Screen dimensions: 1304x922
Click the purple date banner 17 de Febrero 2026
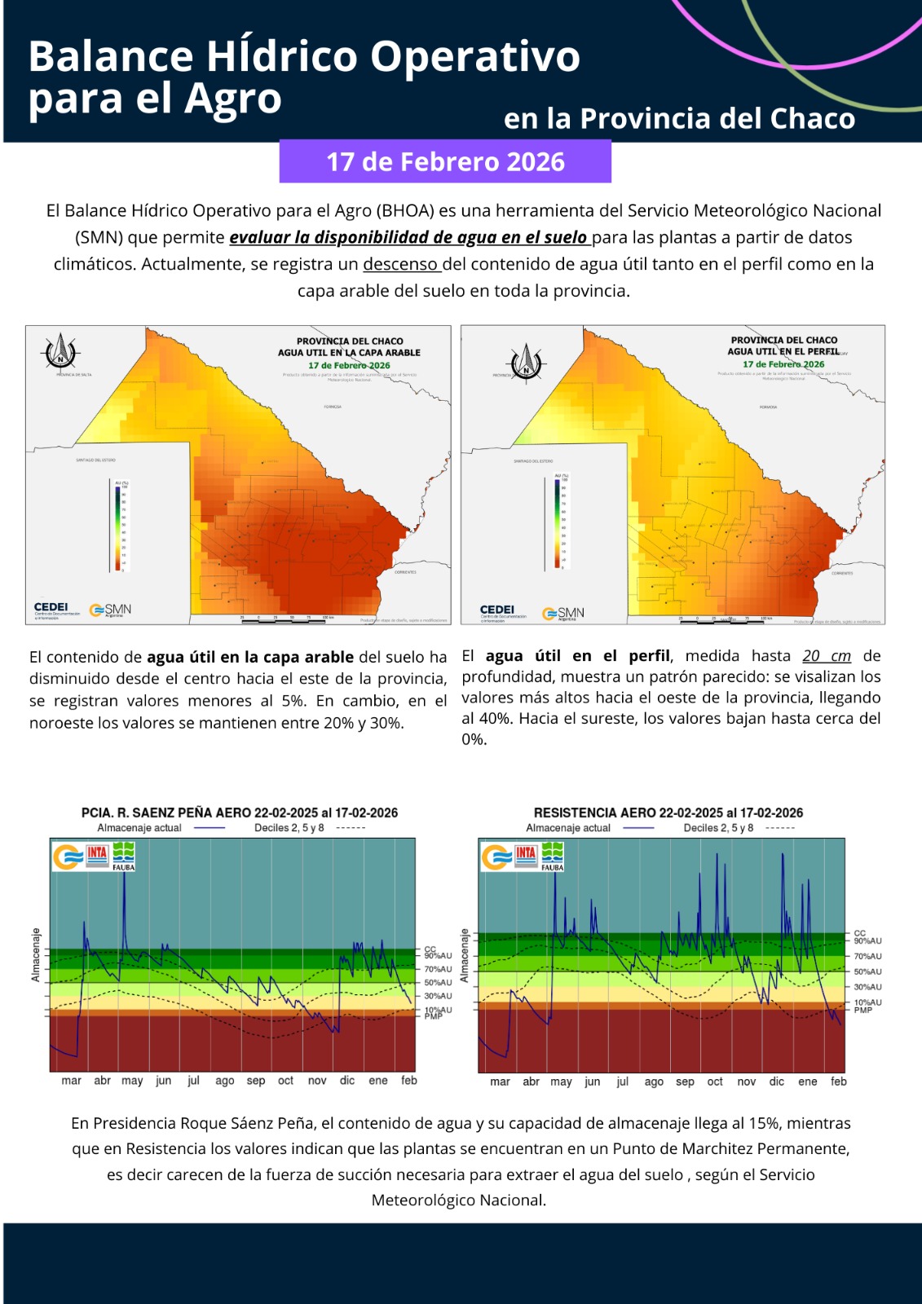click(445, 161)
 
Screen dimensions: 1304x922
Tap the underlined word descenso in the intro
click(400, 264)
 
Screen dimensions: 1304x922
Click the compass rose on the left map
click(60, 352)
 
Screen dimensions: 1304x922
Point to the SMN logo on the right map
click(564, 613)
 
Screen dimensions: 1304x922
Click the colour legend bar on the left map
click(118, 526)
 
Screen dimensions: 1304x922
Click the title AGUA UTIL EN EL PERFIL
click(783, 351)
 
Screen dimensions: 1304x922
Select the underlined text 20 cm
click(827, 656)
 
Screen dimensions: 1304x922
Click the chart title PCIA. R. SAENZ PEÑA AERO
click(166, 813)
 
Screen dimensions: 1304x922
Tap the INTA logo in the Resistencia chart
click(526, 853)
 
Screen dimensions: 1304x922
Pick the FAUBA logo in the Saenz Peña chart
click(124, 856)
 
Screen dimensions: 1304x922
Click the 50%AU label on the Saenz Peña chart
click(438, 983)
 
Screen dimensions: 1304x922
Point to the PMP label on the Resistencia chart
click(863, 1011)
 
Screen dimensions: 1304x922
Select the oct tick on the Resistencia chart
click(715, 1082)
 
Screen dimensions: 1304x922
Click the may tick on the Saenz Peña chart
click(132, 1081)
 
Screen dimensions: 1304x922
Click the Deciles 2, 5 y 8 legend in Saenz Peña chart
click(289, 828)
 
